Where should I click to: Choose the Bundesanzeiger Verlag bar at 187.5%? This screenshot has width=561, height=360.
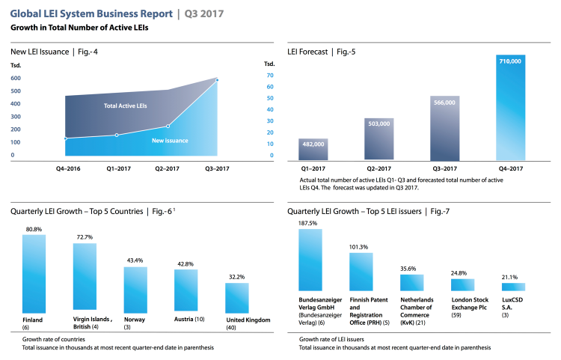click(x=310, y=260)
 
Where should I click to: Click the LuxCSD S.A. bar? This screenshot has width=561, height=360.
click(x=512, y=287)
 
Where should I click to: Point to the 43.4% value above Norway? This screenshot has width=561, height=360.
click(x=135, y=260)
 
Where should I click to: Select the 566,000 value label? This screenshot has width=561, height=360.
click(x=445, y=103)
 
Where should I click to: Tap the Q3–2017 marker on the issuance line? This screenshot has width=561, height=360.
click(x=217, y=79)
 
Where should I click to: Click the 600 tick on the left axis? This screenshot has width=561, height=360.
click(x=16, y=90)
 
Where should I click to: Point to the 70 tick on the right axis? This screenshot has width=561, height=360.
click(x=269, y=76)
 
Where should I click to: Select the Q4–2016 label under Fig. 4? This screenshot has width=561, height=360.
click(x=67, y=169)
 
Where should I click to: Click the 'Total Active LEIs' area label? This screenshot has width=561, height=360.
click(x=125, y=107)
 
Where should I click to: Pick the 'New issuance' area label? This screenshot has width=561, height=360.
click(x=170, y=141)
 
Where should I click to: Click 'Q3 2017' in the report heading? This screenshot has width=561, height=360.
click(x=203, y=13)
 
